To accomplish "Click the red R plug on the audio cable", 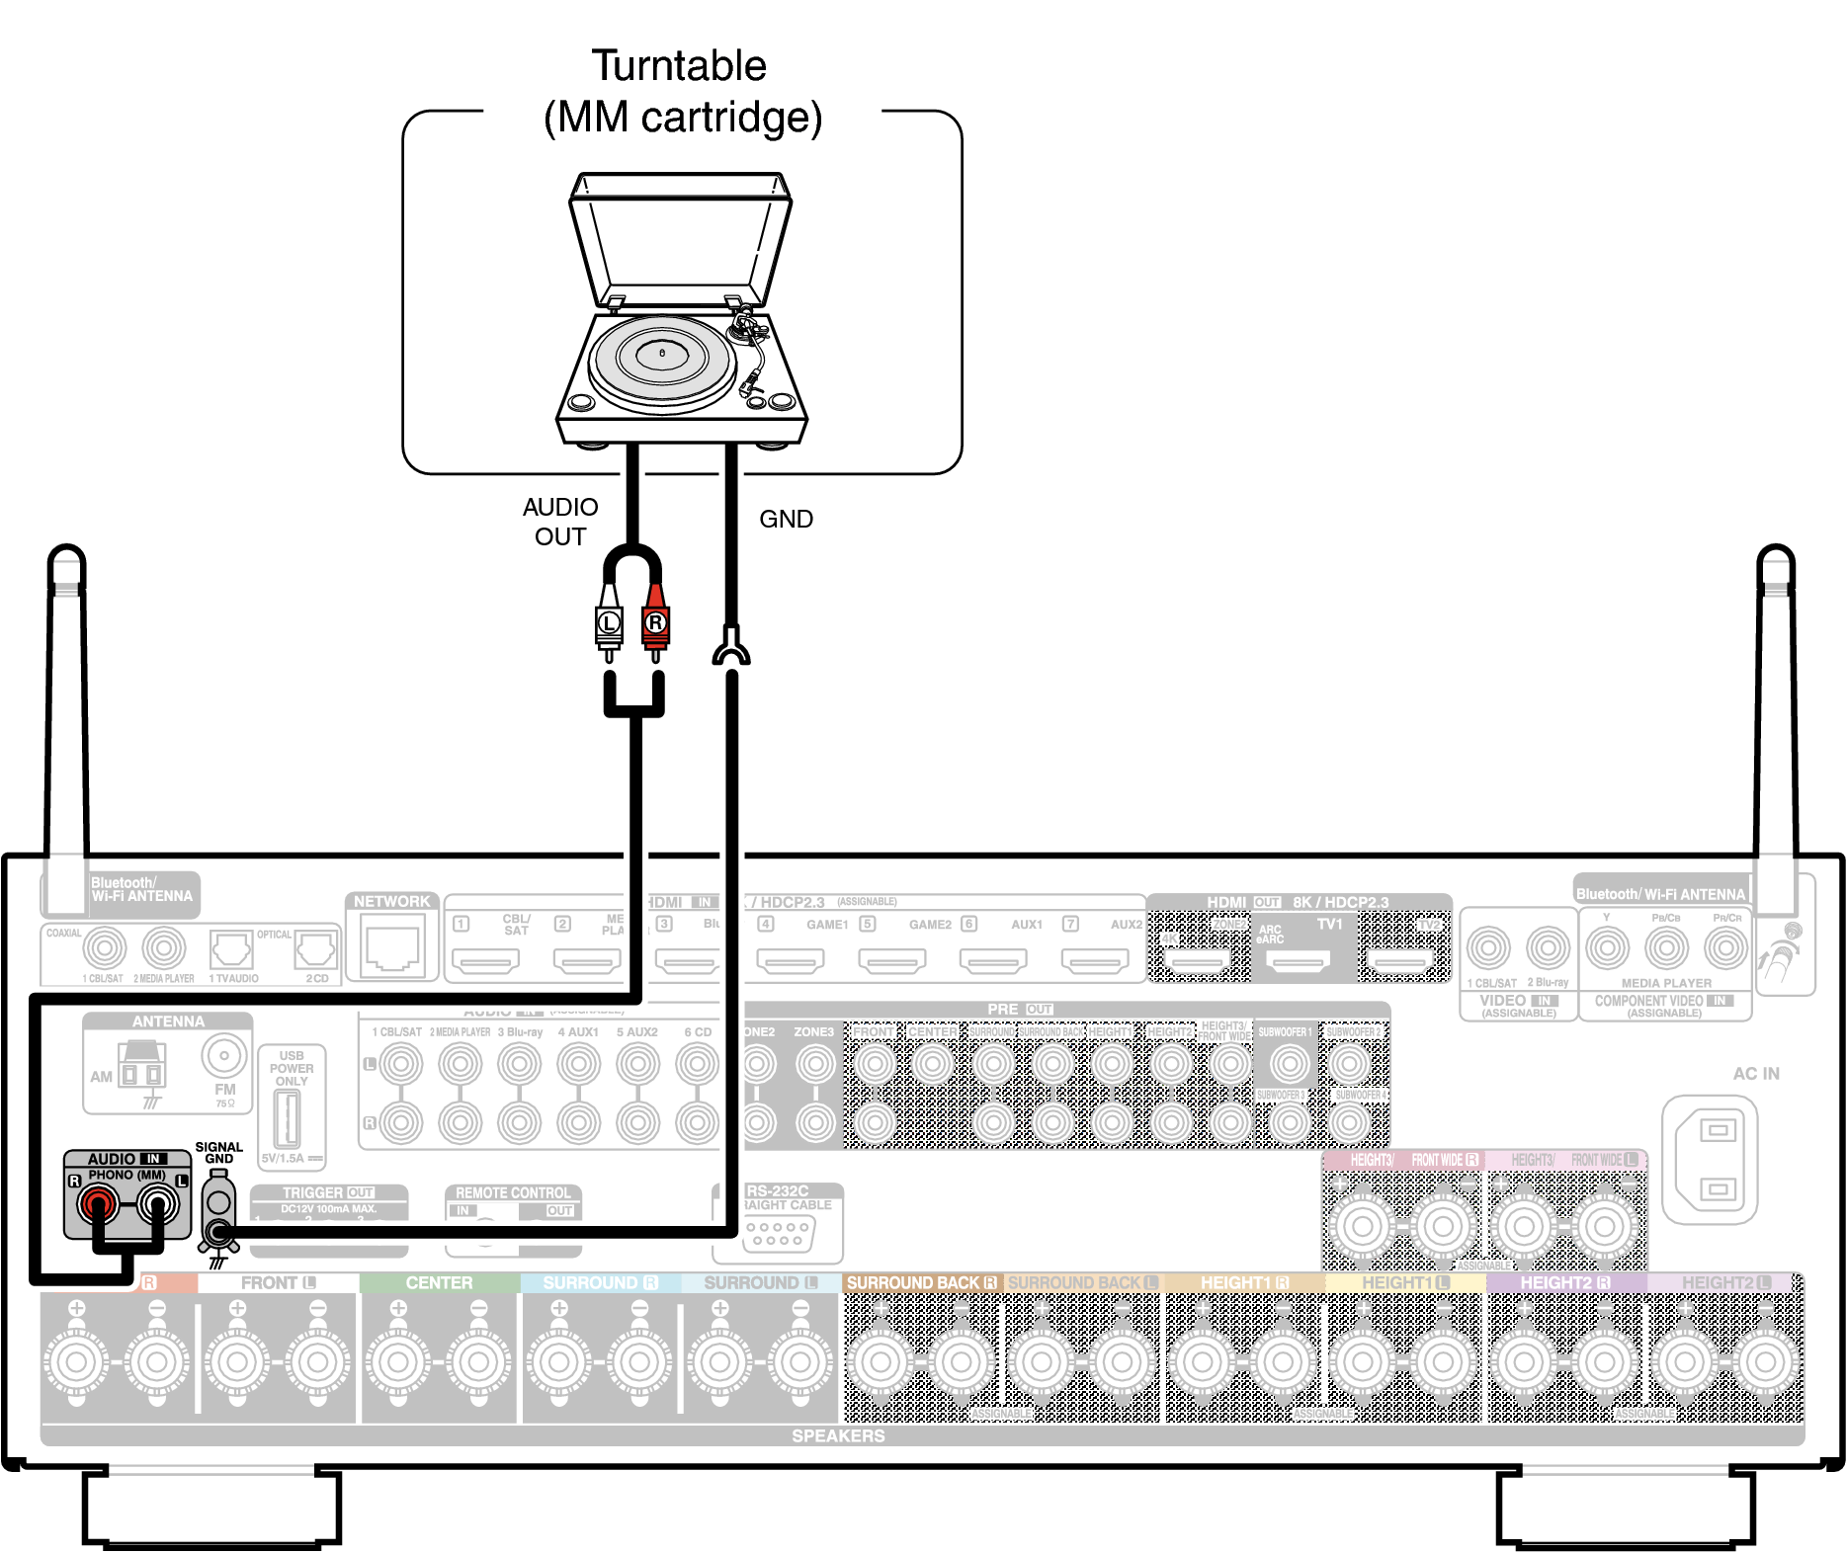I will click(x=655, y=622).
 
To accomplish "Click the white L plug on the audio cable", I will click(x=609, y=622).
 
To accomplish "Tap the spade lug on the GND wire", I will click(x=730, y=648).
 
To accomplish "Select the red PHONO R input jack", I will click(x=98, y=1203).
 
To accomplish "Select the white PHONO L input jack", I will click(x=157, y=1203).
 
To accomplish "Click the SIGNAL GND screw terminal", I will click(x=218, y=1231).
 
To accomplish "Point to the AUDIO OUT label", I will click(x=560, y=522).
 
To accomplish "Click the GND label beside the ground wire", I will click(x=786, y=519).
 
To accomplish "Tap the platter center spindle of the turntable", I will click(x=662, y=353).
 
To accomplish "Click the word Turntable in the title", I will click(x=679, y=66).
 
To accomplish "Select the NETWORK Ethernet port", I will click(x=392, y=946).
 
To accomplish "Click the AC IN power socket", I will click(x=1718, y=1159).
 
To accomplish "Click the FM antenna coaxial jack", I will click(x=224, y=1056).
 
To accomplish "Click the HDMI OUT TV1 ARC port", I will click(x=1299, y=959).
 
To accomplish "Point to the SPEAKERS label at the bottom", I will click(x=838, y=1435).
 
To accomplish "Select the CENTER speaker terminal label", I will click(x=439, y=1282).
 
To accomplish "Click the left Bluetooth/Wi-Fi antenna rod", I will click(x=66, y=711).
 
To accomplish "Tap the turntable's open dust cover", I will click(x=680, y=237).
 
